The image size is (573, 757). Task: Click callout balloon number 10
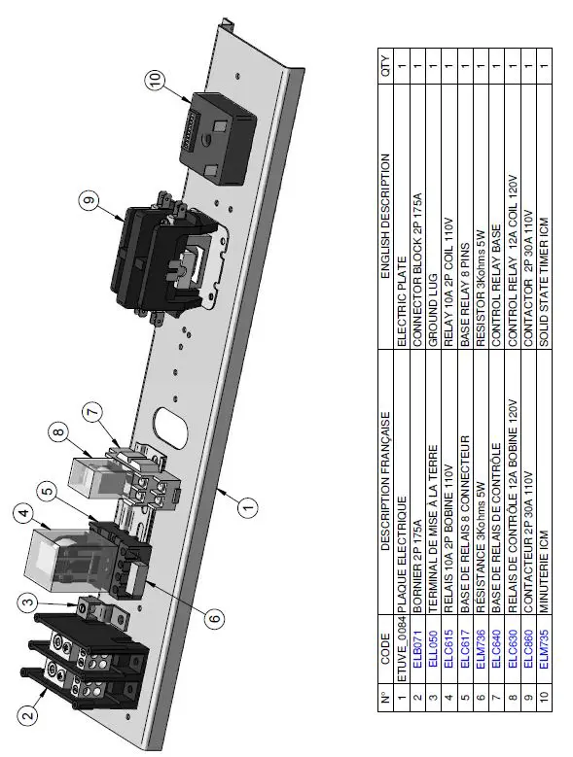pyautogui.click(x=159, y=82)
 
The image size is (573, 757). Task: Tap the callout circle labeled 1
pyautogui.click(x=248, y=505)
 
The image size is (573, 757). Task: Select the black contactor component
pyautogui.click(x=156, y=258)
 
